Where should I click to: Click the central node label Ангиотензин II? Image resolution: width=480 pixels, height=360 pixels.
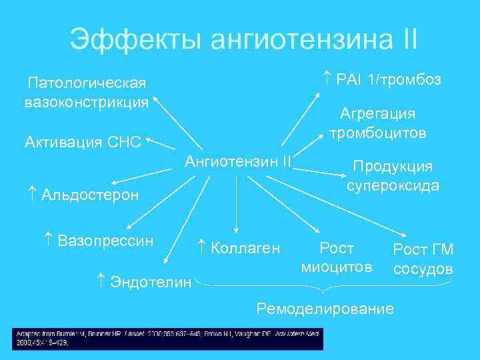[x=238, y=161]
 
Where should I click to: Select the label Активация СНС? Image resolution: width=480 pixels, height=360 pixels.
[x=83, y=142]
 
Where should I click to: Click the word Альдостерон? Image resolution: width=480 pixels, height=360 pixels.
[x=90, y=195]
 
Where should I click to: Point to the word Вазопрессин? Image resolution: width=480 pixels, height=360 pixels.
[x=106, y=240]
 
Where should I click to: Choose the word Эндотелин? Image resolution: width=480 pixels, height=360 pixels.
[x=147, y=281]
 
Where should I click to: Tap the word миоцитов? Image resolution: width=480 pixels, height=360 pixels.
[x=337, y=268]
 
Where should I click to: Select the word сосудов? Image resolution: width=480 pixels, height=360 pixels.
[x=423, y=269]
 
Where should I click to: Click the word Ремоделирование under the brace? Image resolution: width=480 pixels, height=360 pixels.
[x=325, y=309]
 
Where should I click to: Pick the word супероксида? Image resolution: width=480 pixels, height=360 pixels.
[x=393, y=185]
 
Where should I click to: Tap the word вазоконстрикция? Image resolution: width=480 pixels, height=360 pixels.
[x=87, y=103]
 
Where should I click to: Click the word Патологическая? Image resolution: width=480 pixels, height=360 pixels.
[x=87, y=83]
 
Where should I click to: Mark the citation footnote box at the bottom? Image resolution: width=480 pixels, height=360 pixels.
[x=167, y=338]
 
